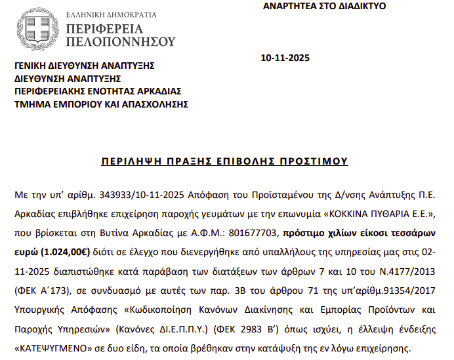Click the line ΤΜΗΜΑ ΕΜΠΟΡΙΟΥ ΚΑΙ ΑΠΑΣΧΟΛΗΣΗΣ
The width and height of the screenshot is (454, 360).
[101, 104]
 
